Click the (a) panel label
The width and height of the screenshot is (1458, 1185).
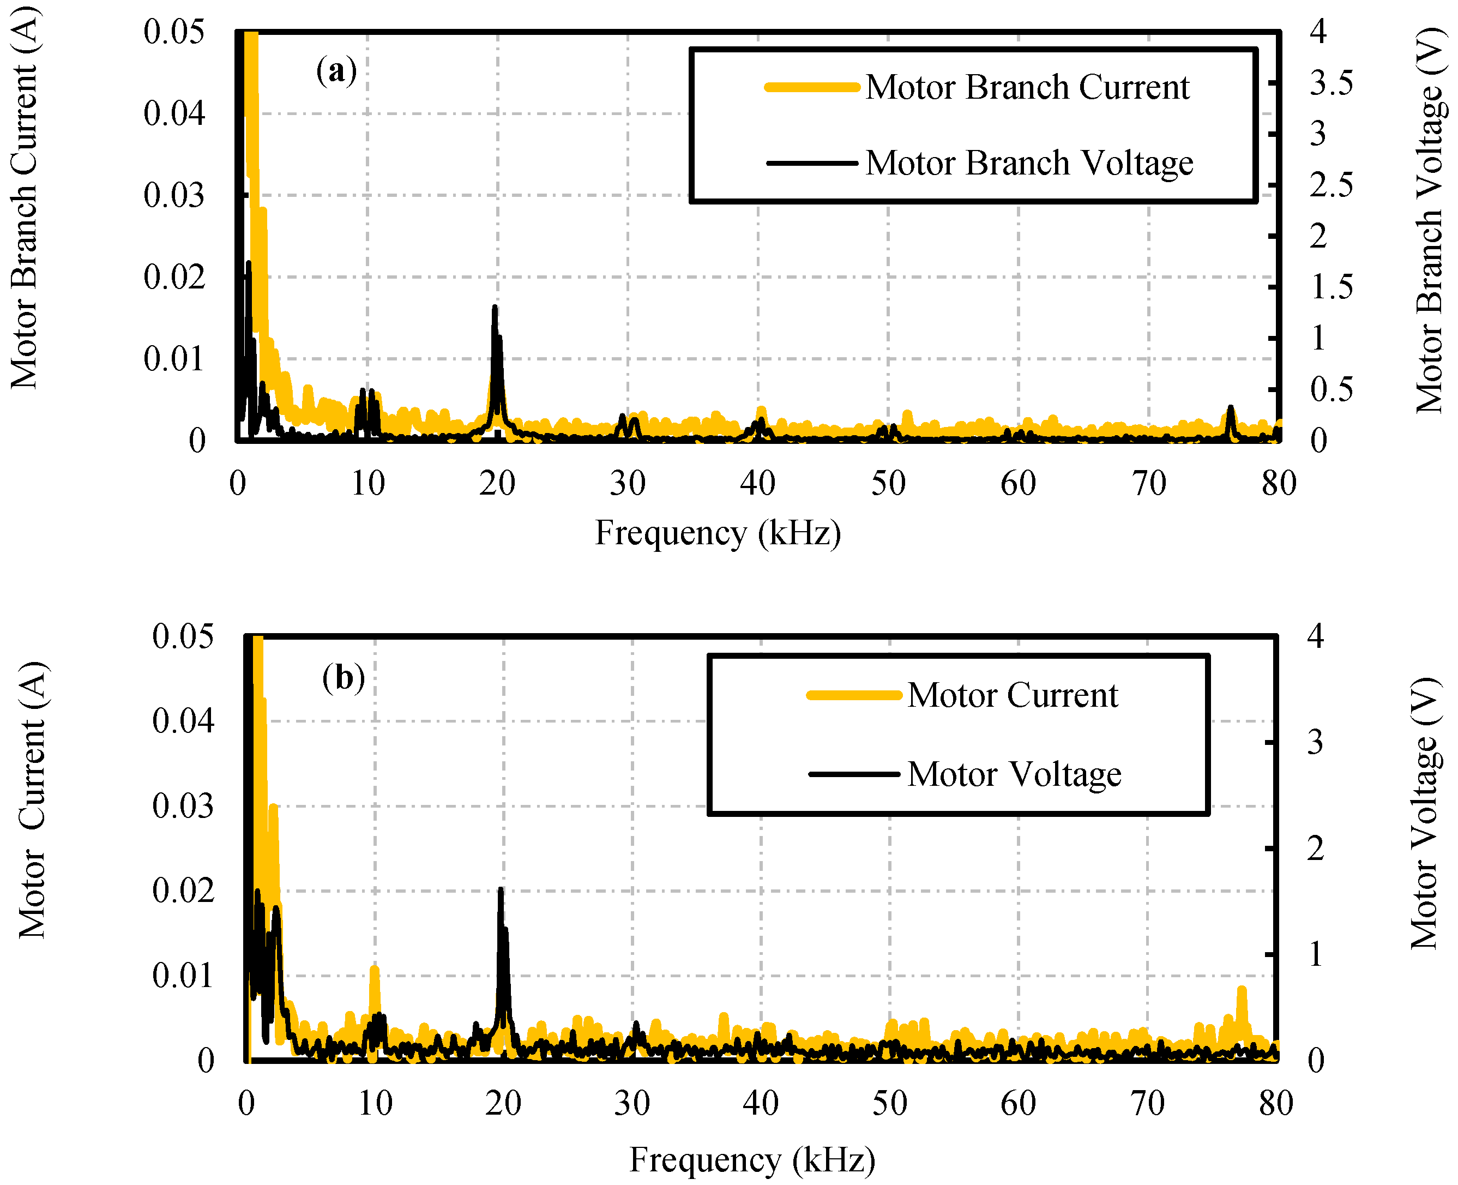pyautogui.click(x=336, y=70)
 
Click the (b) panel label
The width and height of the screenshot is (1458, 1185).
pyautogui.click(x=344, y=678)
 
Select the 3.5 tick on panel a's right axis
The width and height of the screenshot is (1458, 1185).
pyautogui.click(x=1331, y=83)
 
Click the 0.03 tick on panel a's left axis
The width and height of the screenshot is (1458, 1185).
pyautogui.click(x=174, y=196)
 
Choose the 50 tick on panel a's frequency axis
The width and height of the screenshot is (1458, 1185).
pyautogui.click(x=888, y=483)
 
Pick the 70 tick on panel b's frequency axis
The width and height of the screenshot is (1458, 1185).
pyautogui.click(x=1147, y=1103)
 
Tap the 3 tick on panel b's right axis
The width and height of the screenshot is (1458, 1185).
pyautogui.click(x=1315, y=742)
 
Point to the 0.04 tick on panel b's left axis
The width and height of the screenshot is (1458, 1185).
pyautogui.click(x=183, y=721)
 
